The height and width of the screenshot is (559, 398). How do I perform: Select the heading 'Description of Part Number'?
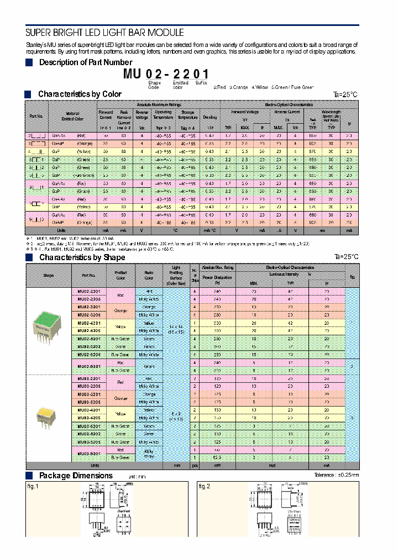86,62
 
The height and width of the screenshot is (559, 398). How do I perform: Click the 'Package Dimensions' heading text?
76,476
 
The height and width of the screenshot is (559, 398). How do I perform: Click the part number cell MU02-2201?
89,291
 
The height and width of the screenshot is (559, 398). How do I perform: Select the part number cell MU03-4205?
89,418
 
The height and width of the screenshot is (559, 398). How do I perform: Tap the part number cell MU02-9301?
89,366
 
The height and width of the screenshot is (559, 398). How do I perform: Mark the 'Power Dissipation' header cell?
217,278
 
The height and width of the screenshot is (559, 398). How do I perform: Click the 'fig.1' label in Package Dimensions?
33,486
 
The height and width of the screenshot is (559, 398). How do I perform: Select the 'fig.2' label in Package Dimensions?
205,486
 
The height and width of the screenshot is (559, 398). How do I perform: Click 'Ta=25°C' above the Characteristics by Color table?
345,94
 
